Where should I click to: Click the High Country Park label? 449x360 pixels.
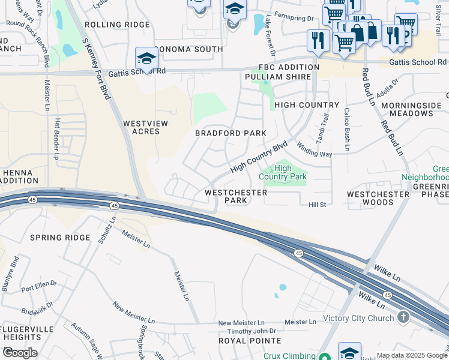[283, 172]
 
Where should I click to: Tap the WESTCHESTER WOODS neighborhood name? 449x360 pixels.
[379, 199]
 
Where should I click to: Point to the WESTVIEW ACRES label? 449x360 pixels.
[145, 127]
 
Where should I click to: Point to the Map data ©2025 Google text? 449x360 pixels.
[412, 355]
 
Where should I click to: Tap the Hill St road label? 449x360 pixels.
[316, 205]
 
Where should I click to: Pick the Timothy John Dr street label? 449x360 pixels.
[247, 331]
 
